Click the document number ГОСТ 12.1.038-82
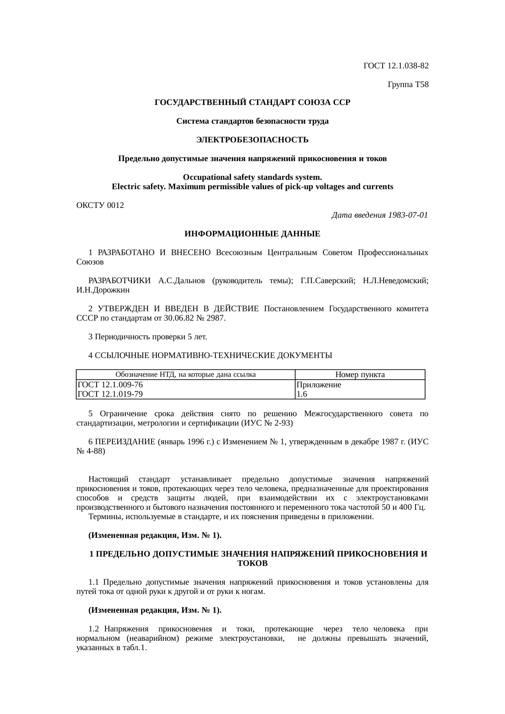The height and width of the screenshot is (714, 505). click(x=395, y=66)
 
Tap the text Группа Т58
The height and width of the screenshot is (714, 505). click(x=408, y=85)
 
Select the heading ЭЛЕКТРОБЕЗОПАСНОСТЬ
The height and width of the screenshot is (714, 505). click(x=252, y=140)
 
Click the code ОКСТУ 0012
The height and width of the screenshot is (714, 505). click(x=100, y=205)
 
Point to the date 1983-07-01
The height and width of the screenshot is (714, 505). click(x=408, y=215)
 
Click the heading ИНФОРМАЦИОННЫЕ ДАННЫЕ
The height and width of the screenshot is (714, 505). click(x=252, y=234)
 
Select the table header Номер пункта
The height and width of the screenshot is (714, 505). click(x=360, y=375)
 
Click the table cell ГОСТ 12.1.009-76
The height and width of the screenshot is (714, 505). click(x=110, y=384)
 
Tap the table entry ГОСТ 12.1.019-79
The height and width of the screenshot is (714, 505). click(x=110, y=394)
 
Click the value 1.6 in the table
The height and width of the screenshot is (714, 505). click(x=302, y=394)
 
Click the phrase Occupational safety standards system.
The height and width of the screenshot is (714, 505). click(x=252, y=178)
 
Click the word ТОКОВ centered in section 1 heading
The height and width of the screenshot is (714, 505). click(x=252, y=563)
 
